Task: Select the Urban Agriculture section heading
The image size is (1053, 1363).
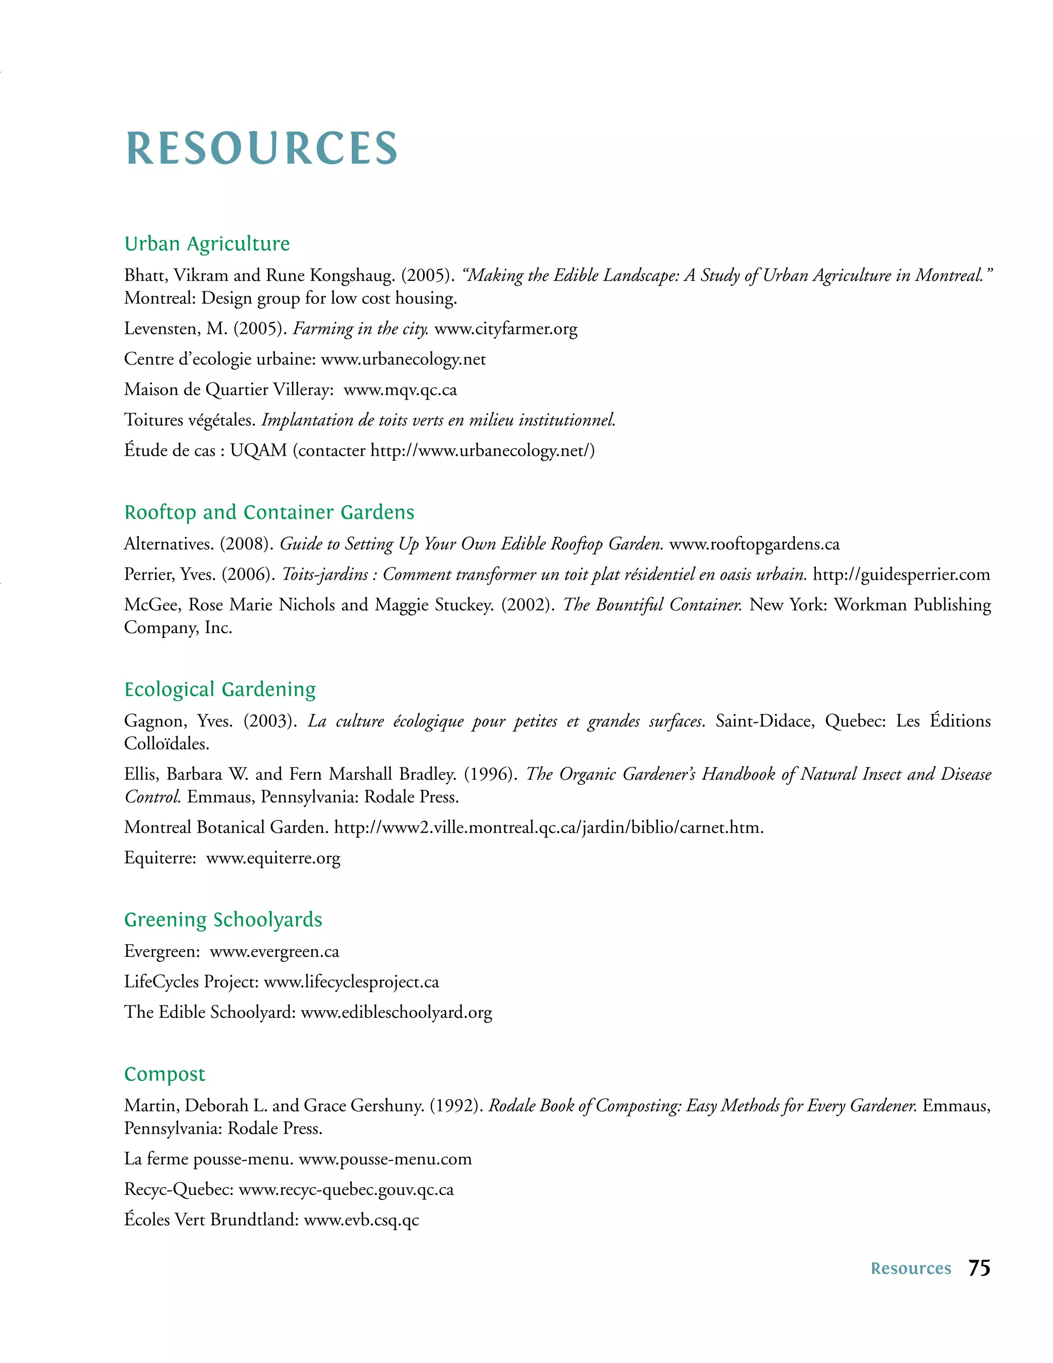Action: (207, 243)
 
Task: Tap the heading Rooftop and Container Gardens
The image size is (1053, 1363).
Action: (269, 512)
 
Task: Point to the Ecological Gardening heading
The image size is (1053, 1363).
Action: (220, 689)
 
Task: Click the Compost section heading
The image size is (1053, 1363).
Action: (165, 1073)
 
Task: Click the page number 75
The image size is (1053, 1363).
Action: (979, 1268)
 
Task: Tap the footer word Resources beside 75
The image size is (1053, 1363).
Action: (910, 1269)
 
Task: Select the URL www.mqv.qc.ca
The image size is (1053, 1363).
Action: (400, 390)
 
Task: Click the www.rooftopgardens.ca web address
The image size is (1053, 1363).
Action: (754, 544)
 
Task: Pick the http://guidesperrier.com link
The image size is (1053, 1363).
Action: (901, 574)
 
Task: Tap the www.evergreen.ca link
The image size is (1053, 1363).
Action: (275, 952)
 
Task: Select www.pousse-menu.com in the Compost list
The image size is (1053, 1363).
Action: (385, 1159)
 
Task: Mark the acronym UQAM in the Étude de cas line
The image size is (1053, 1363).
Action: (258, 451)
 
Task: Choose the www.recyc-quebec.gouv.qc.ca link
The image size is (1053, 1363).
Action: (346, 1190)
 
